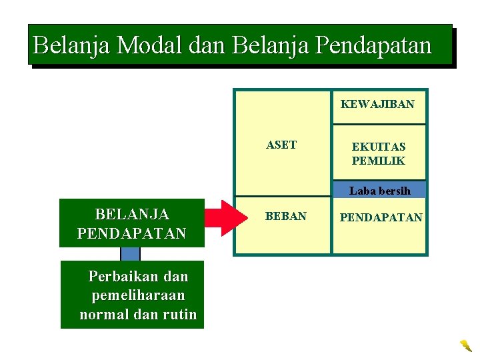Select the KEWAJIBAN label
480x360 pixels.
377,104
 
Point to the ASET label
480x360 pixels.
281,145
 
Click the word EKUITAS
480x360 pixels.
379,147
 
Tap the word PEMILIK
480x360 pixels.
379,161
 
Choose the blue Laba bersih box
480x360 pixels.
379,191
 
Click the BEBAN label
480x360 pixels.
286,217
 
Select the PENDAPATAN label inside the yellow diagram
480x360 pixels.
381,217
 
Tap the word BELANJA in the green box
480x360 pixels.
132,215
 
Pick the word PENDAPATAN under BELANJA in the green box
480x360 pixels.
132,234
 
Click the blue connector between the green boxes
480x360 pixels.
130,254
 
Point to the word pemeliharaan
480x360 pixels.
138,295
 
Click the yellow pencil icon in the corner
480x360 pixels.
465,345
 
